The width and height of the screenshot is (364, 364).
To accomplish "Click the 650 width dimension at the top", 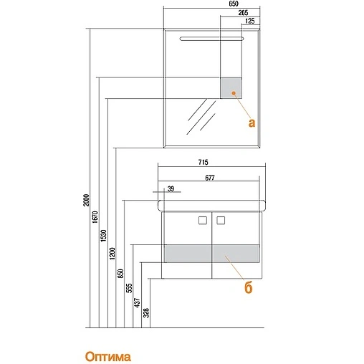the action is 234,4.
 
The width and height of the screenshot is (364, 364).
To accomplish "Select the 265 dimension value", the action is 243,13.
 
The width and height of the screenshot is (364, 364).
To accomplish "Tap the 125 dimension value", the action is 250,21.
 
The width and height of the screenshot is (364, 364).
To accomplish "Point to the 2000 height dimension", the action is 86,200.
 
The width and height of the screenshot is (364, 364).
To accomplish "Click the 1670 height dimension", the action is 95,217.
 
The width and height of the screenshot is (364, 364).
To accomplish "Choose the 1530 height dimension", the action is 103,236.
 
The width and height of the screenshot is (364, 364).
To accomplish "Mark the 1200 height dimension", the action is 112,254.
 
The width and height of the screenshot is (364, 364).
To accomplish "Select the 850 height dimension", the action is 120,274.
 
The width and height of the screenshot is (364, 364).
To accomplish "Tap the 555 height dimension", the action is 129,288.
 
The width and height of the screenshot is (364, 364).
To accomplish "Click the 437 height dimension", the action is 138,302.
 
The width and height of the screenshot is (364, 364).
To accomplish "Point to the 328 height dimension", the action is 146,313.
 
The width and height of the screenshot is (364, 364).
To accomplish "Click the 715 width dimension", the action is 203,162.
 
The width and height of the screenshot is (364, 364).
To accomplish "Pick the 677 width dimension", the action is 210,178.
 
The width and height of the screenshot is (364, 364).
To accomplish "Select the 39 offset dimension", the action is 171,189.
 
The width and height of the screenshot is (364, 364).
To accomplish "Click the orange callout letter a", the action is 252,123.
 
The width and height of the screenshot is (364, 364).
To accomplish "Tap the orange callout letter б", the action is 249,287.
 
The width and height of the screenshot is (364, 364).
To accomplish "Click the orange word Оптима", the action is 108,357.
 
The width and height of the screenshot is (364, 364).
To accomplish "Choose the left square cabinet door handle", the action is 203,221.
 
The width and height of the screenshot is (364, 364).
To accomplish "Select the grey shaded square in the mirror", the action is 231,87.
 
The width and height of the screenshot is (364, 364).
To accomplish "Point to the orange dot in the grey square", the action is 234,93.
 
